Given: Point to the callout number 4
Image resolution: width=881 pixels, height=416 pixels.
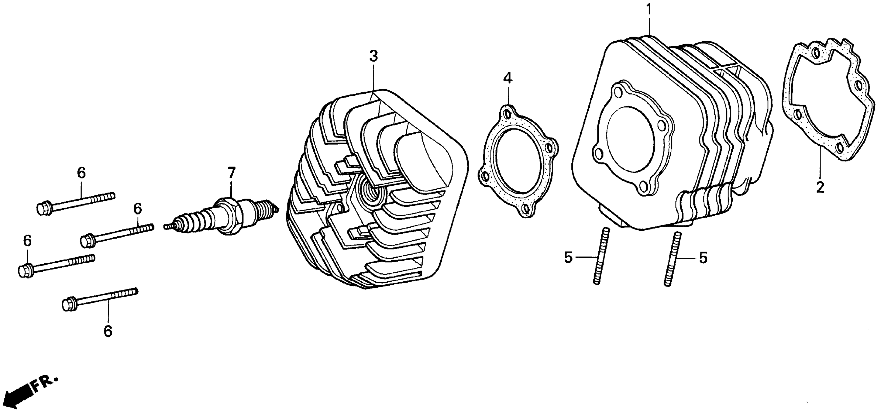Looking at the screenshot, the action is [x=508, y=78].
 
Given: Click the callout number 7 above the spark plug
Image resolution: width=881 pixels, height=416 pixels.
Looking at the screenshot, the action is [x=232, y=173].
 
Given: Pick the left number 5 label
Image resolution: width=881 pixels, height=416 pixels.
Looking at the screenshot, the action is [x=568, y=258].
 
